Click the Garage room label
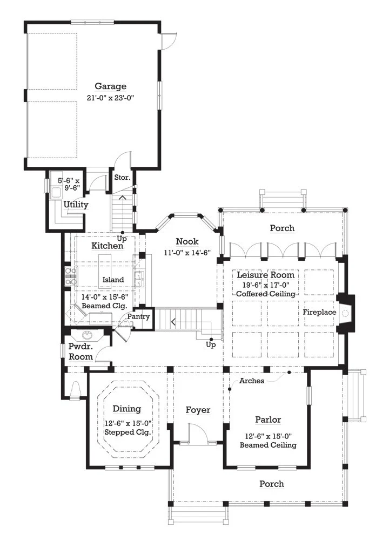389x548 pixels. (111, 86)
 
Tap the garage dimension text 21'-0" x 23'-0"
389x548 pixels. (111, 98)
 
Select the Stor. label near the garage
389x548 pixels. (122, 178)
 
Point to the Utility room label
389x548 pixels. (76, 205)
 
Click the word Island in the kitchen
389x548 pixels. (113, 280)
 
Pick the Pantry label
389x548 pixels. (138, 316)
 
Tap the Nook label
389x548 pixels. (187, 241)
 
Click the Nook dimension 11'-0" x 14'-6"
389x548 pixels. (187, 253)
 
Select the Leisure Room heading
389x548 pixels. (265, 275)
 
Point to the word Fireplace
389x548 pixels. (319, 313)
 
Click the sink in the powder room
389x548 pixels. (88, 335)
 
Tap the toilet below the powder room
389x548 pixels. (76, 389)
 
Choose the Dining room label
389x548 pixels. (127, 409)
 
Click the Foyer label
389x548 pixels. (198, 410)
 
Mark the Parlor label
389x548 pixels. (268, 420)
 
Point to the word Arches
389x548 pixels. (252, 381)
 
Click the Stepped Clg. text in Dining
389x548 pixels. (128, 432)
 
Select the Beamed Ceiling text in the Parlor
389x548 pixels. (268, 445)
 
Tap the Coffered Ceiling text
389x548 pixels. (265, 294)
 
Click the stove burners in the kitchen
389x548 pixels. (71, 276)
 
